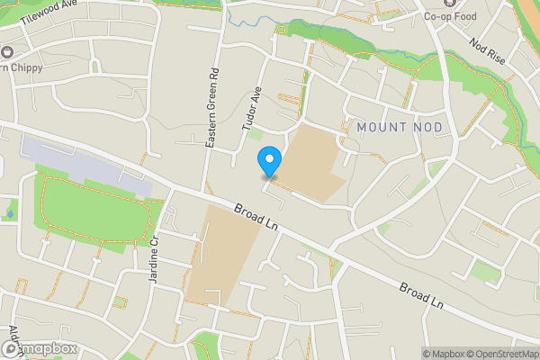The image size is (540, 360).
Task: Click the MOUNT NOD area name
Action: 400,128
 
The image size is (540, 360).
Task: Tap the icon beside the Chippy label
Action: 8,52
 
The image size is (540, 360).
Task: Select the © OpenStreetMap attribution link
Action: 502,353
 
